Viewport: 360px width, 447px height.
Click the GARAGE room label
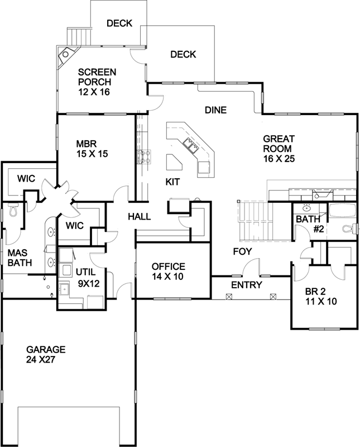pos(46,349)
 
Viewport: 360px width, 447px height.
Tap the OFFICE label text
pos(168,267)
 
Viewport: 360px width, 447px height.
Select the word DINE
pos(215,110)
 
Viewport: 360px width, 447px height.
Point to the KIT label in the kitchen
pos(173,182)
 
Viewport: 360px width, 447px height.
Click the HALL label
pos(139,216)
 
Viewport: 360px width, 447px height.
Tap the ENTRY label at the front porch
pos(246,285)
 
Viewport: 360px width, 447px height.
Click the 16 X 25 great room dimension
pos(279,158)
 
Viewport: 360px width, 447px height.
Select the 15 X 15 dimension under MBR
pos(93,154)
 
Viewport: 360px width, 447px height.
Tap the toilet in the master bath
pos(14,211)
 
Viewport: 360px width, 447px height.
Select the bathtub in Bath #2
pos(341,212)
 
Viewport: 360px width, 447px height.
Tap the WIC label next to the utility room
pos(74,226)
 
